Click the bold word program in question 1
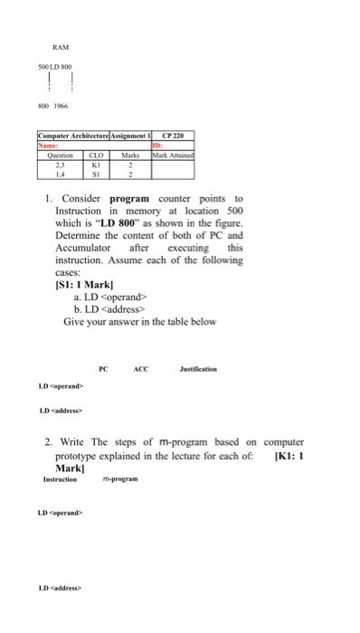(x=129, y=198)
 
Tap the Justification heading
(x=196, y=369)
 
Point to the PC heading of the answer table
(x=104, y=369)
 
